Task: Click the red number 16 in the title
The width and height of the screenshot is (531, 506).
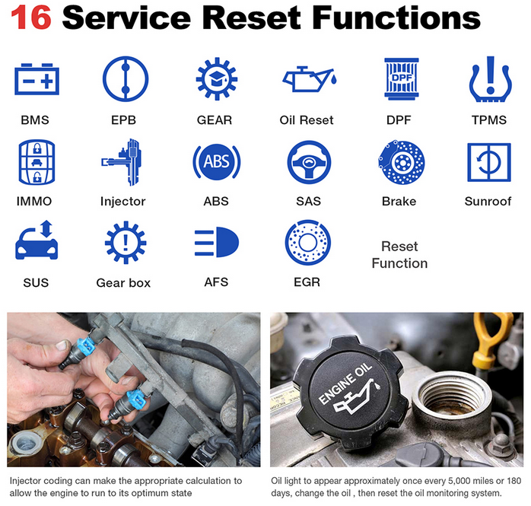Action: point(31,18)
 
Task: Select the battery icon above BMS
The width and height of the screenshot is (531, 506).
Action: point(37,79)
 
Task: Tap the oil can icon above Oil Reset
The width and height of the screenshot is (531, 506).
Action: point(310,79)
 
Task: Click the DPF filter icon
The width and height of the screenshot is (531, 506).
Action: point(402,79)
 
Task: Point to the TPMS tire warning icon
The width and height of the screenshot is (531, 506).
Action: point(491,79)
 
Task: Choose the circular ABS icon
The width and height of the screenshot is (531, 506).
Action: point(217,162)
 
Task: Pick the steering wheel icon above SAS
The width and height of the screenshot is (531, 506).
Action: point(309,162)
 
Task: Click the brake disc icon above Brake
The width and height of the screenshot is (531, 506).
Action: point(402,162)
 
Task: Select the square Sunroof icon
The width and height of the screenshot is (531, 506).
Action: point(489,162)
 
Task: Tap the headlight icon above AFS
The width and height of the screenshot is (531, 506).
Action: point(217,242)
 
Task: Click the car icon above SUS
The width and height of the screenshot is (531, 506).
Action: point(37,240)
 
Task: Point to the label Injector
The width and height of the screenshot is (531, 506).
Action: point(123,201)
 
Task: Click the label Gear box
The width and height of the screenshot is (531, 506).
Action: point(123,282)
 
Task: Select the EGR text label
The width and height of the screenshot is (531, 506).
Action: point(307,282)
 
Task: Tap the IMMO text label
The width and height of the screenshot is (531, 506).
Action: point(34,201)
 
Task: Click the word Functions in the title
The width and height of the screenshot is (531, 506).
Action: point(396,18)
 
